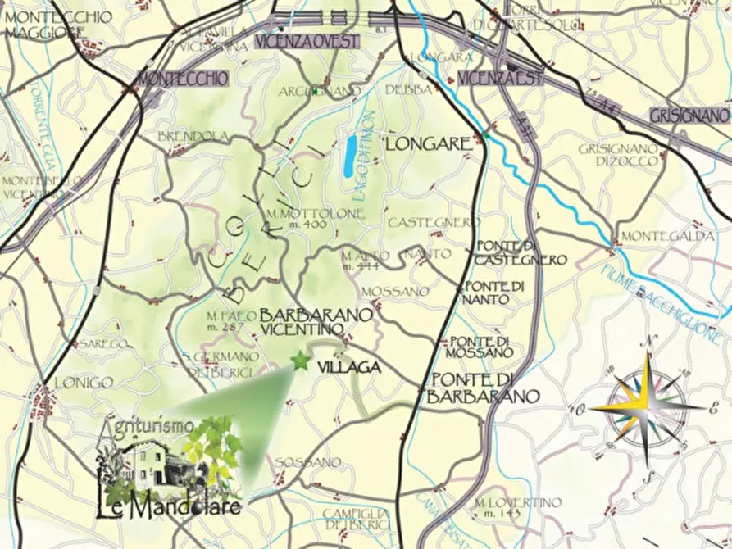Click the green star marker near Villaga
point(301,361)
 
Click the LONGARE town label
point(429,145)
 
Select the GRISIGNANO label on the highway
point(689,115)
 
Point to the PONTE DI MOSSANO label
point(480,347)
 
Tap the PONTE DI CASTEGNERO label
point(521,253)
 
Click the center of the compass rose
point(647,406)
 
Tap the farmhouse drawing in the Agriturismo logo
point(152,465)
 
